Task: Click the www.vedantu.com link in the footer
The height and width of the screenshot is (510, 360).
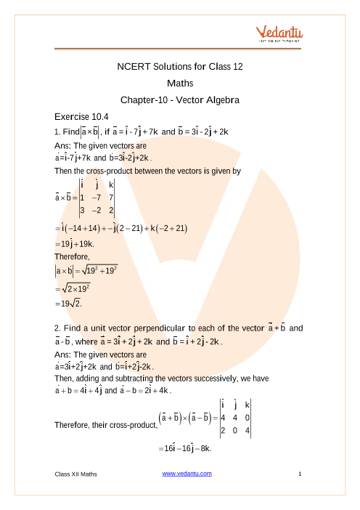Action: pos(187,474)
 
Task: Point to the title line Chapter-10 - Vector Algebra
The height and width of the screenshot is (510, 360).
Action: pos(179,99)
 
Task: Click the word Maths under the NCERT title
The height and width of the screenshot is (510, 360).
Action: pos(179,83)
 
